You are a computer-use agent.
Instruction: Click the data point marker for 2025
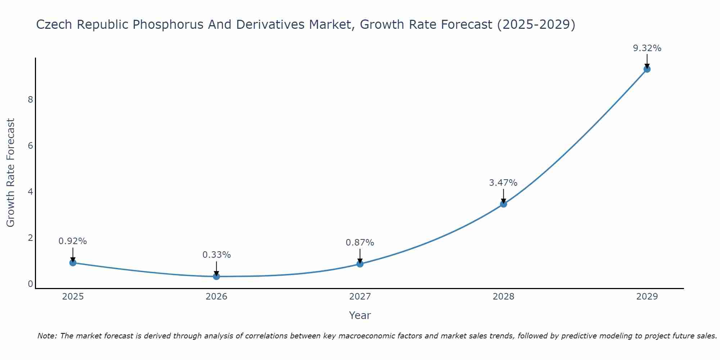pyautogui.click(x=73, y=263)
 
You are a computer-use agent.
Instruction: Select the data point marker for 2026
pyautogui.click(x=216, y=276)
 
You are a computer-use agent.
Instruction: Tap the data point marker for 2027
pyautogui.click(x=360, y=264)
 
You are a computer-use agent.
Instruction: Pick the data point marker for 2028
pyautogui.click(x=503, y=204)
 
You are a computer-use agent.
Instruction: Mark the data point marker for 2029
pyautogui.click(x=647, y=69)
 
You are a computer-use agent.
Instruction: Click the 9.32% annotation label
pyautogui.click(x=647, y=48)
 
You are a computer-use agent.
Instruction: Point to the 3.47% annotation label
pyautogui.click(x=503, y=183)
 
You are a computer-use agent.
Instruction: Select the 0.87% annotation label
pyautogui.click(x=360, y=243)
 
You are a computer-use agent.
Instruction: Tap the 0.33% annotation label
pyautogui.click(x=216, y=255)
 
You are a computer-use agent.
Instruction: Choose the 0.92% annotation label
pyautogui.click(x=73, y=241)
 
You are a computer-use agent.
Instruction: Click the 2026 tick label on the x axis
pyautogui.click(x=216, y=297)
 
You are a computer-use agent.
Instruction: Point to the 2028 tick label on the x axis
pyautogui.click(x=503, y=297)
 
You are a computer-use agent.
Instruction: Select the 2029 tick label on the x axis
pyautogui.click(x=647, y=297)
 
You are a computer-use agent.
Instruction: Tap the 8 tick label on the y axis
pyautogui.click(x=30, y=99)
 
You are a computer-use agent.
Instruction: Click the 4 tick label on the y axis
pyautogui.click(x=30, y=192)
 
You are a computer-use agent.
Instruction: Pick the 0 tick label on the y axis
pyautogui.click(x=30, y=284)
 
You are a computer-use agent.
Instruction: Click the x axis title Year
pyautogui.click(x=360, y=315)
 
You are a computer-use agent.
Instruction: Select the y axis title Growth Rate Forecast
pyautogui.click(x=11, y=173)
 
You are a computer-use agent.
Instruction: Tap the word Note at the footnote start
pyautogui.click(x=46, y=336)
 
